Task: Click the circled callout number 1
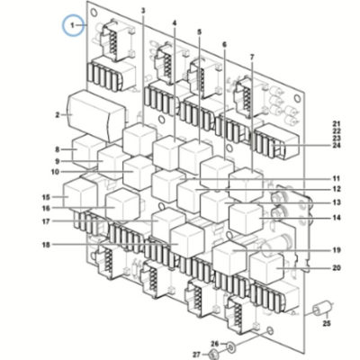tap(72, 25)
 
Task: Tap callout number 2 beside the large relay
tap(58, 115)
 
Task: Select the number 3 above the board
tap(143, 11)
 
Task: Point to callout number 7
tap(252, 56)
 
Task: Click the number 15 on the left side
tap(46, 197)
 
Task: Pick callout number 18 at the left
tap(46, 245)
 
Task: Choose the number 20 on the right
tap(337, 267)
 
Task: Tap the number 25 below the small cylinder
tap(327, 323)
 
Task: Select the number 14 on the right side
tap(337, 218)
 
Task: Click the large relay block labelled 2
tap(96, 116)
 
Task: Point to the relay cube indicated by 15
tap(80, 194)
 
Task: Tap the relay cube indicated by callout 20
tap(266, 267)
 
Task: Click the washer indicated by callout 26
tap(230, 348)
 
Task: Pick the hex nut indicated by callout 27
tap(214, 354)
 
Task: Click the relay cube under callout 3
tap(139, 139)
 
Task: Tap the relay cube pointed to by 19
tap(229, 256)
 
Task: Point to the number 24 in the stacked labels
tap(337, 146)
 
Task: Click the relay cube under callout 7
tap(246, 184)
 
